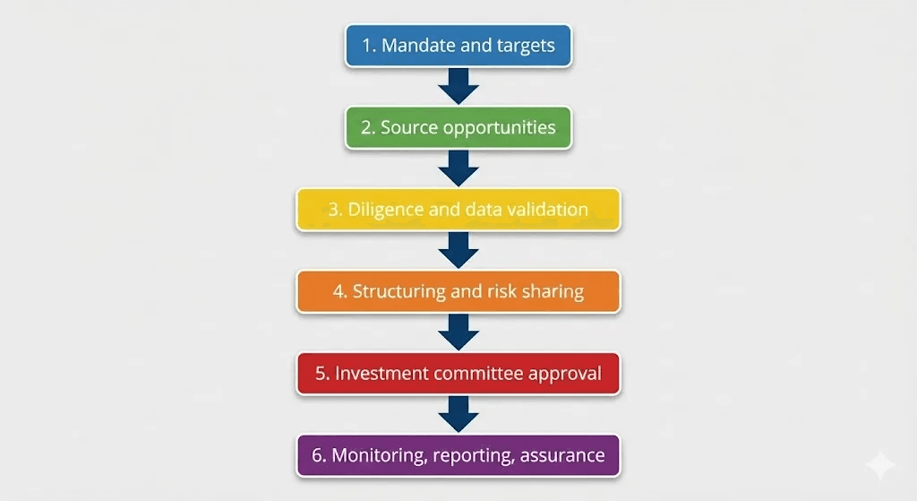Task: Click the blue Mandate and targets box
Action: point(458,46)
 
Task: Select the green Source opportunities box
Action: point(458,128)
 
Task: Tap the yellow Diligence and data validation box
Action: point(458,211)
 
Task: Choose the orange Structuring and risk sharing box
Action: point(458,292)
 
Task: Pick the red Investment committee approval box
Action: point(458,374)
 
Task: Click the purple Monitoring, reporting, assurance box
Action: point(458,455)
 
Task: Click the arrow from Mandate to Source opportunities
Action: point(458,87)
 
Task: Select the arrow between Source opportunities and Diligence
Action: point(458,168)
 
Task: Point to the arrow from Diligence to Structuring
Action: point(458,251)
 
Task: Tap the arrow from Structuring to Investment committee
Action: point(458,333)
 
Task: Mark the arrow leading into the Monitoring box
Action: point(458,414)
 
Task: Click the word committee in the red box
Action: point(479,374)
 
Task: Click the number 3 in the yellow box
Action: point(334,211)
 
